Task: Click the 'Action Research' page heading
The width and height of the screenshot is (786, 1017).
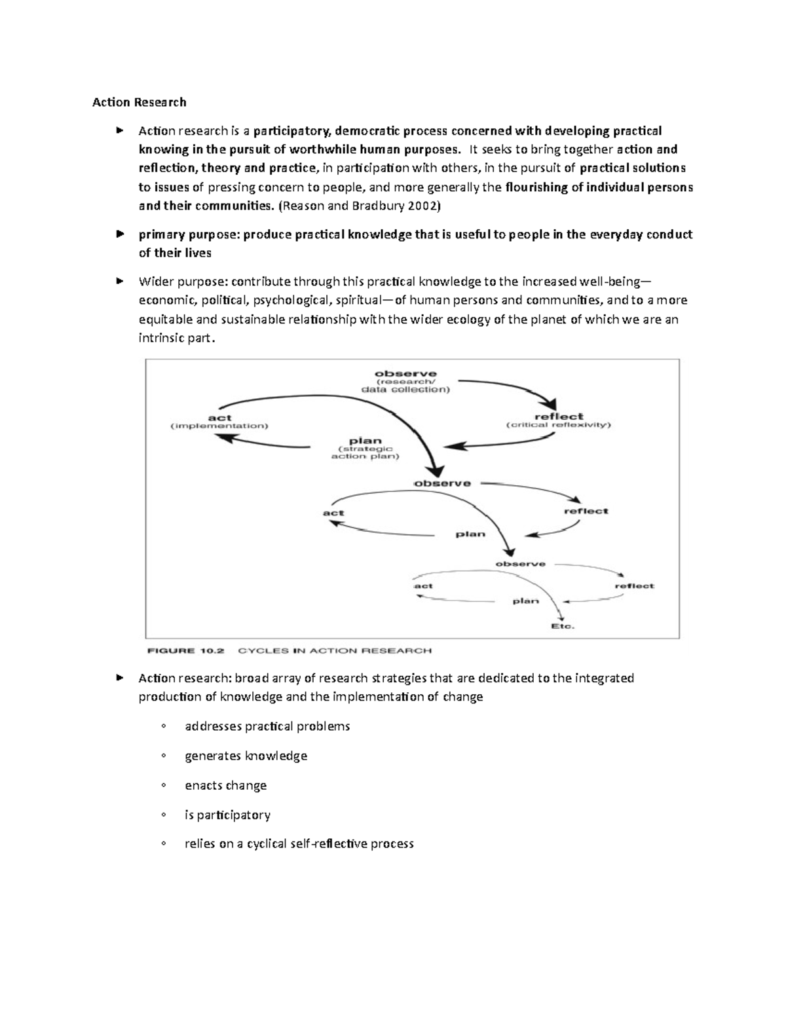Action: [x=139, y=102]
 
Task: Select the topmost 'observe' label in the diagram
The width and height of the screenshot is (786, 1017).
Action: [x=405, y=374]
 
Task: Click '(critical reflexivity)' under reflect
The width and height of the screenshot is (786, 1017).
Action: [x=558, y=425]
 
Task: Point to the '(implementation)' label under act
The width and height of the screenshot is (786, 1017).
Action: [x=219, y=426]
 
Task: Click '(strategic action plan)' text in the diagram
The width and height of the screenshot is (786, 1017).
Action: [x=365, y=453]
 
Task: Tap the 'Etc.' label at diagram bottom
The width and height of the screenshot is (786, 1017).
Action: [x=562, y=626]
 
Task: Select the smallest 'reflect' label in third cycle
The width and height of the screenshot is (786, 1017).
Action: [x=634, y=586]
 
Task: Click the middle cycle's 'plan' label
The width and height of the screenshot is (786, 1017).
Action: [x=470, y=534]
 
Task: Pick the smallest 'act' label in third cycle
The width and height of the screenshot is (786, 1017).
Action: [x=423, y=586]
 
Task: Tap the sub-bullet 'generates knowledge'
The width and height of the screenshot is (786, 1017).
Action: [x=246, y=756]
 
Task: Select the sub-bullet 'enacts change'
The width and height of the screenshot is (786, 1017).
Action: [x=225, y=785]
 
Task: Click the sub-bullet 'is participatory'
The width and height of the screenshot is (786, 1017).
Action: [x=227, y=815]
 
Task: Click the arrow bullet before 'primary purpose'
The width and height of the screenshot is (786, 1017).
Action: [x=119, y=234]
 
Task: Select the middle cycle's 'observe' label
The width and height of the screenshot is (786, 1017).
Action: [x=442, y=483]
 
